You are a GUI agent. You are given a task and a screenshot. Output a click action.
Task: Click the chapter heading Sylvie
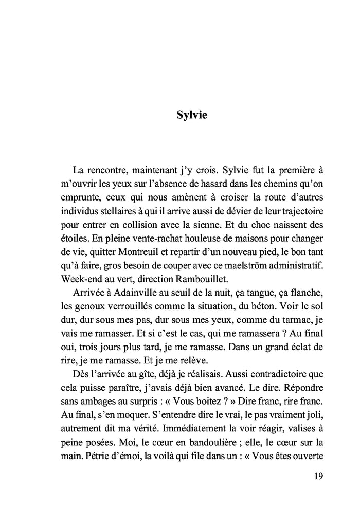[191, 115]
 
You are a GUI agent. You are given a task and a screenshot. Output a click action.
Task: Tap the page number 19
[318, 476]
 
